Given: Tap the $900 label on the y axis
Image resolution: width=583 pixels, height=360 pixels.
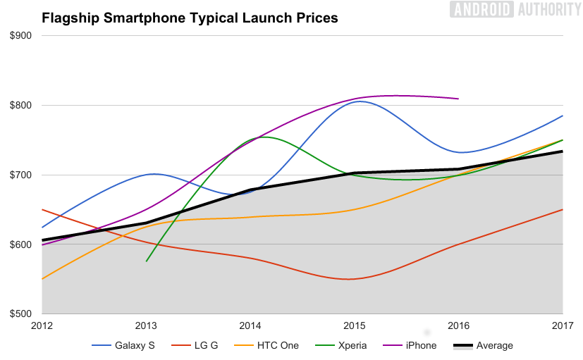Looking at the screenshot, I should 21,36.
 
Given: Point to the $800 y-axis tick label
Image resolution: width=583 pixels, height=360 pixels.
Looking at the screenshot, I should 21,106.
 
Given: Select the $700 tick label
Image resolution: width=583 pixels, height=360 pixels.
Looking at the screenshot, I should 21,175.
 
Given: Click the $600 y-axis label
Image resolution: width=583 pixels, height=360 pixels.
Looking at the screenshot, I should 21,244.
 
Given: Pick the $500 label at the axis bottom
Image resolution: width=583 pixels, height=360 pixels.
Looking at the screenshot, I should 21,314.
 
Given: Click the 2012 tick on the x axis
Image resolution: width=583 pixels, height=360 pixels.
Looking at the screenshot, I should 42,325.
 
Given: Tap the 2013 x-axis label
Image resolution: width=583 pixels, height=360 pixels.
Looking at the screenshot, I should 146,325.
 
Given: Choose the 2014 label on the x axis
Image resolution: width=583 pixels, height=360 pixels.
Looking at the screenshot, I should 250,325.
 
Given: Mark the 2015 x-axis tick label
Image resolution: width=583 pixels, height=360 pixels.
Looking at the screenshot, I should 355,325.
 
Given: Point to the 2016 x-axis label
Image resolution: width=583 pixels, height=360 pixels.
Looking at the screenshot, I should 458,325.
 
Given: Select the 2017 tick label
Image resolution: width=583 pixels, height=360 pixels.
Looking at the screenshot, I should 562,325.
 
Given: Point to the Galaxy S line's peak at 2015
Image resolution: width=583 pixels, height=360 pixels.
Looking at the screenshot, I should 360,101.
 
